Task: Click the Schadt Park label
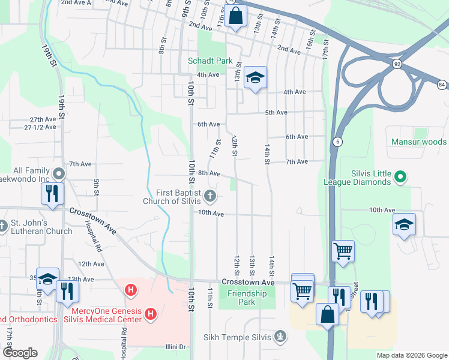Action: click(209, 61)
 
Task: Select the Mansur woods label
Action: click(418, 142)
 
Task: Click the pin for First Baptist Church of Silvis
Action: click(210, 194)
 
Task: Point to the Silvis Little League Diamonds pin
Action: click(402, 177)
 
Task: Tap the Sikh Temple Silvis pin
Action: click(280, 335)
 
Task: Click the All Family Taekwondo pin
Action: click(58, 174)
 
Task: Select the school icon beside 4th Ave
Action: click(255, 78)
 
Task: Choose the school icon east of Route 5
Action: click(405, 226)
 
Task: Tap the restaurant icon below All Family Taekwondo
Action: click(52, 194)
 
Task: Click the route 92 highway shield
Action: click(396, 62)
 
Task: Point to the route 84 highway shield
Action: click(442, 85)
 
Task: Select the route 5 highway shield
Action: click(339, 142)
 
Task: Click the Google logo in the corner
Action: click(19, 353)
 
